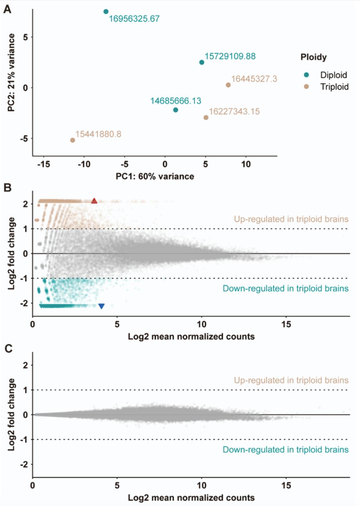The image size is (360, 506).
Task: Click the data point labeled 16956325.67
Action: click(106, 12)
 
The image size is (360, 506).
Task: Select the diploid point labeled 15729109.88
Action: click(202, 62)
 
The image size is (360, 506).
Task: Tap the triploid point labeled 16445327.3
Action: click(228, 85)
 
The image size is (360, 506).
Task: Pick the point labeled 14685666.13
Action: click(176, 110)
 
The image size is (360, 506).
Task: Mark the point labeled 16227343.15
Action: click(206, 117)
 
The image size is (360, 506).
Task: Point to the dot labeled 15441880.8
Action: click(73, 140)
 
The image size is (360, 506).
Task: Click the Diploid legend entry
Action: click(333, 75)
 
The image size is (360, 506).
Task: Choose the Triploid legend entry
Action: click(334, 87)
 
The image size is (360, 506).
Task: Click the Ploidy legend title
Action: click(313, 57)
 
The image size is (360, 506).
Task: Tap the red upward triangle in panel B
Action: click(94, 201)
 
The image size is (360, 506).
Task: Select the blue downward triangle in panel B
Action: click(101, 306)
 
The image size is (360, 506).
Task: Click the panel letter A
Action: click(7, 9)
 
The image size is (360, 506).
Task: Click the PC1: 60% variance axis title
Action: click(155, 176)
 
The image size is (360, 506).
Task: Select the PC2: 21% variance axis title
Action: click(11, 73)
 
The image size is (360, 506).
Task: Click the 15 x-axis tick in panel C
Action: click(286, 485)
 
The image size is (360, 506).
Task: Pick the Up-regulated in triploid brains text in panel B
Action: click(291, 219)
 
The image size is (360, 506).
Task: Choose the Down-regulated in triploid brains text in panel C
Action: click(285, 450)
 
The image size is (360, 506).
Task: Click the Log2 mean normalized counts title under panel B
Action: click(191, 336)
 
